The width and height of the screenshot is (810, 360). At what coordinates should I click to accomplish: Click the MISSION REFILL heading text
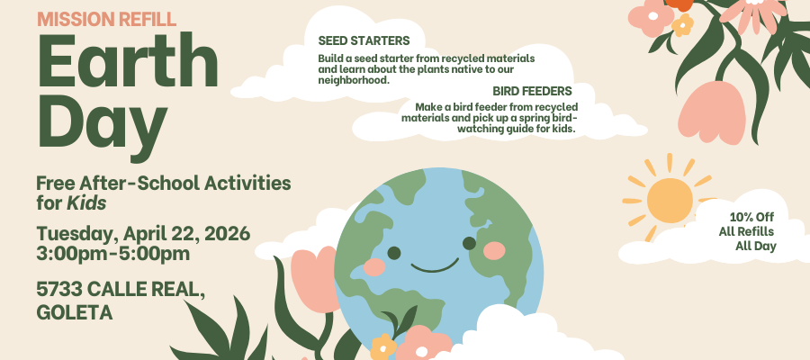pyautogui.click(x=106, y=19)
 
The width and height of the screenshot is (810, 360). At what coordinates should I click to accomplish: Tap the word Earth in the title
pyautogui.click(x=128, y=61)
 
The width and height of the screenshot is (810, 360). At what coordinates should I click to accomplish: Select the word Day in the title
pyautogui.click(x=102, y=125)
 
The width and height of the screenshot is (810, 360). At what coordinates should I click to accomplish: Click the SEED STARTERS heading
pyautogui.click(x=364, y=40)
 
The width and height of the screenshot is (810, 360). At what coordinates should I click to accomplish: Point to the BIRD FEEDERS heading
pyautogui.click(x=532, y=92)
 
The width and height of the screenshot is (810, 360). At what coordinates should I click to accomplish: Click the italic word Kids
pyautogui.click(x=86, y=203)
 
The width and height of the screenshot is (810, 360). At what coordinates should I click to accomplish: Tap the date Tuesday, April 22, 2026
pyautogui.click(x=143, y=234)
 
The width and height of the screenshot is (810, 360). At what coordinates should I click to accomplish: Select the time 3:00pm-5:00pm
pyautogui.click(x=113, y=254)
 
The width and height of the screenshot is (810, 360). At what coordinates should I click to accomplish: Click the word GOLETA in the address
pyautogui.click(x=75, y=312)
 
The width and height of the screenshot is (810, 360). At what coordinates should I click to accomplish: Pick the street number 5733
pyautogui.click(x=59, y=290)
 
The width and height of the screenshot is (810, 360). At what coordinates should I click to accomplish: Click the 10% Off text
pyautogui.click(x=751, y=217)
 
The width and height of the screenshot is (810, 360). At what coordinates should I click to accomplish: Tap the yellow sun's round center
pyautogui.click(x=670, y=201)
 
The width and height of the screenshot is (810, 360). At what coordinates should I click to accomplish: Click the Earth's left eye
pyautogui.click(x=394, y=253)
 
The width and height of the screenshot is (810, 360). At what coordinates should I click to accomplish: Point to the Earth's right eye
pyautogui.click(x=469, y=243)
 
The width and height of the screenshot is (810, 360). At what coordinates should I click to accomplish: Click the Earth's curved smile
pyautogui.click(x=435, y=266)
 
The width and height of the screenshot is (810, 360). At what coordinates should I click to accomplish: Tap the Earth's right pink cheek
pyautogui.click(x=494, y=250)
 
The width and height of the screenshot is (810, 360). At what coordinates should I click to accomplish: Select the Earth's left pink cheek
pyautogui.click(x=374, y=267)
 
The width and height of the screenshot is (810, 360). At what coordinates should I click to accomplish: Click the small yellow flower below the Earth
pyautogui.click(x=382, y=346)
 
